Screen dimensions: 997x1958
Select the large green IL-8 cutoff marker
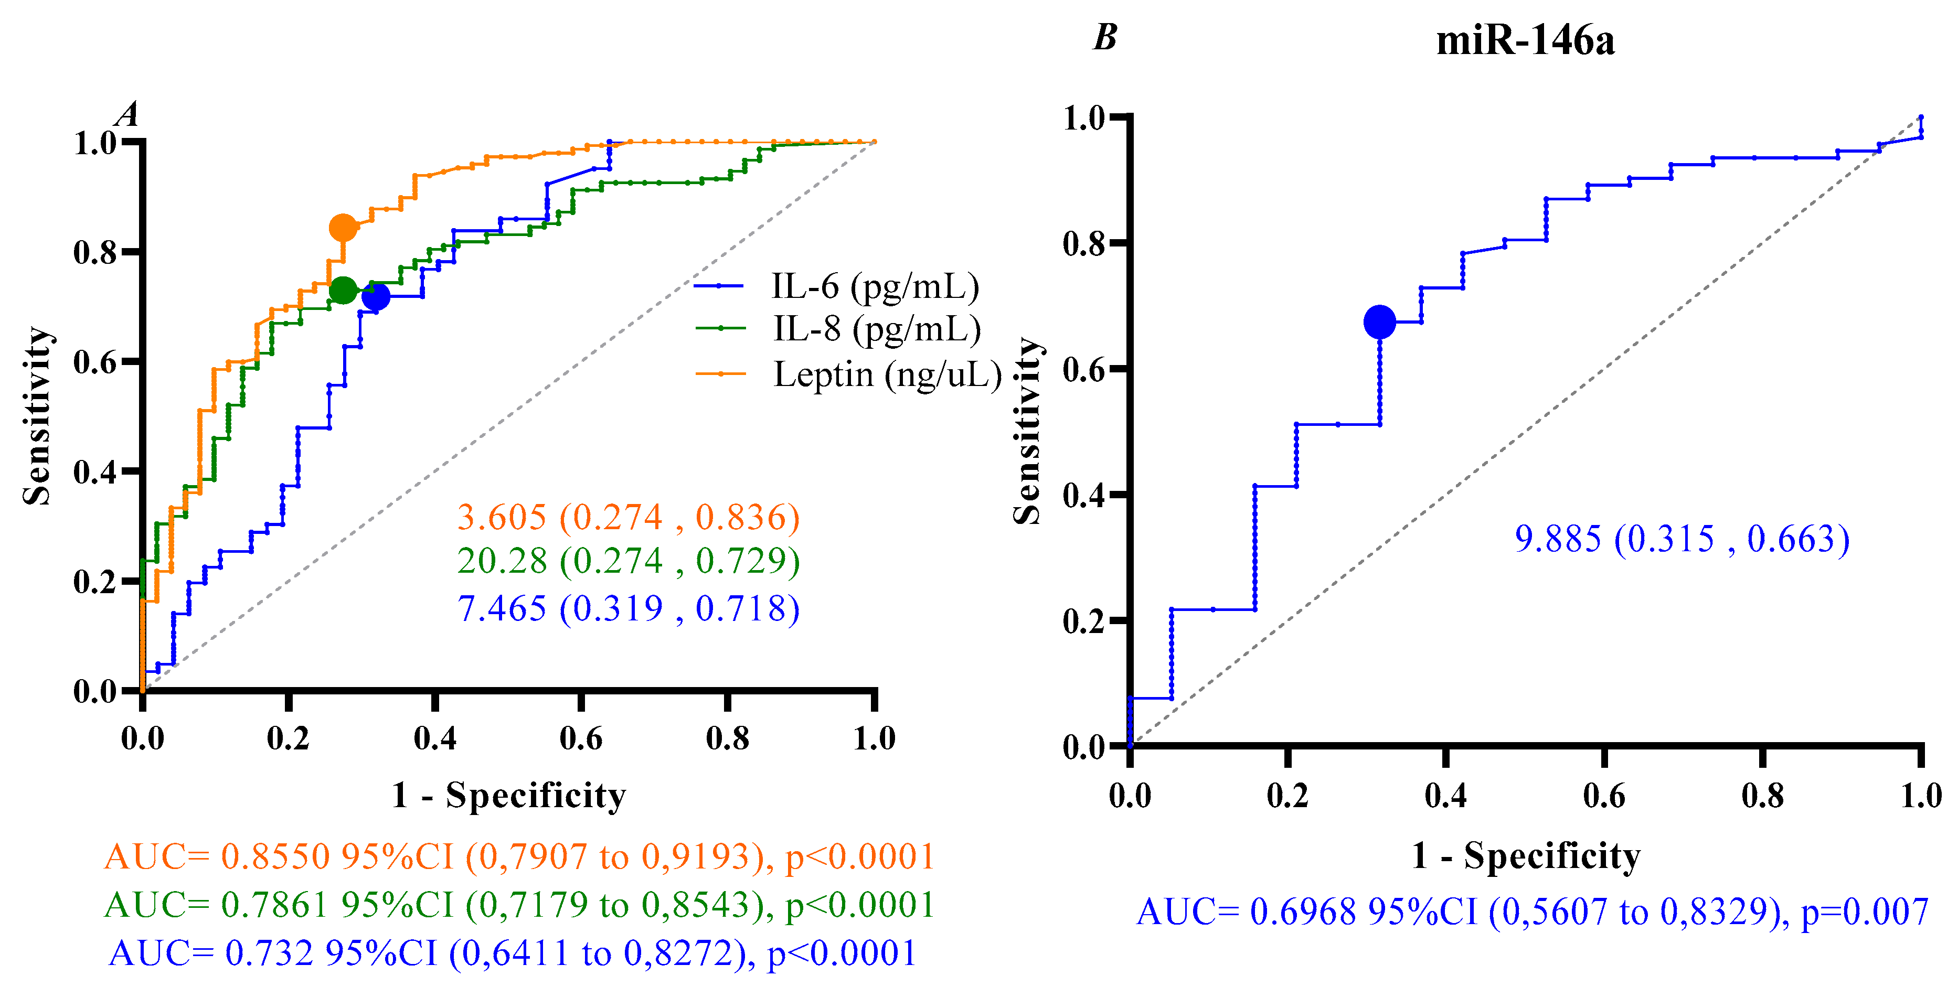coord(343,290)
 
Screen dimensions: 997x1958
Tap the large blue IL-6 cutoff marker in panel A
coord(376,296)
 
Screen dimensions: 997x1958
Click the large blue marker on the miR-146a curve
coord(1379,321)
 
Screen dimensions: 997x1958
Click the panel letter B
coord(1104,37)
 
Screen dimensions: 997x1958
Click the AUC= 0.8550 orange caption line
coord(519,856)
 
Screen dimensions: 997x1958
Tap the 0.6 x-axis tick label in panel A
coord(581,738)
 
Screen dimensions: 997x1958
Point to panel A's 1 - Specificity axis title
coord(508,795)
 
